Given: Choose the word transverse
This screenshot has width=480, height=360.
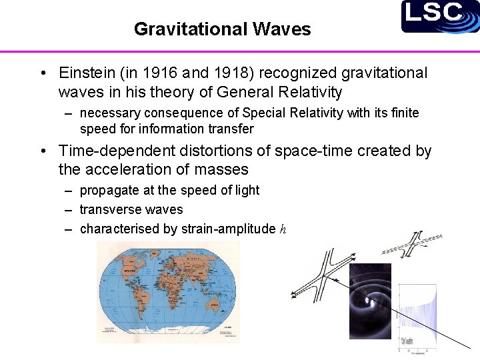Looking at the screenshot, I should tap(105, 209).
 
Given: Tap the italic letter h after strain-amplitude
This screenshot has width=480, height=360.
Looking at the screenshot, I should tap(283, 229).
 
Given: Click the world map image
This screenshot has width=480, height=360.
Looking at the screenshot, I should tap(168, 292).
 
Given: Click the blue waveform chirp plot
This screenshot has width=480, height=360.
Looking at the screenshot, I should tap(417, 317).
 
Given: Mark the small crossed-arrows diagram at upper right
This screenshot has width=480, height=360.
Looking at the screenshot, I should tap(411, 244).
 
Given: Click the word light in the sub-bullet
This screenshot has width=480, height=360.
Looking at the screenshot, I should tap(247, 190).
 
